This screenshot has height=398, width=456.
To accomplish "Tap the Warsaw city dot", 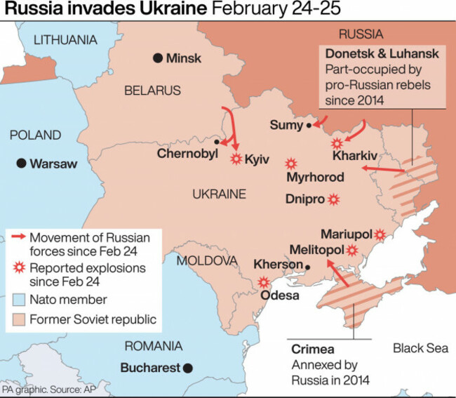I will click(22, 163).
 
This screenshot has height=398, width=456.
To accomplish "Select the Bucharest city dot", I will click(187, 366).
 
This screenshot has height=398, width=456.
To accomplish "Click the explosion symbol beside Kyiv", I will click(236, 159).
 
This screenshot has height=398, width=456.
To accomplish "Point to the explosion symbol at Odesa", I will click(264, 282).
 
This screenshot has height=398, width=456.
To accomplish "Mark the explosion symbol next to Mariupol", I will click(380, 234).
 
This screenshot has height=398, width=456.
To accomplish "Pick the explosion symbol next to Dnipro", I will click(334, 199).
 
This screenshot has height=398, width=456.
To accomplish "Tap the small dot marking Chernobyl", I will click(217, 142).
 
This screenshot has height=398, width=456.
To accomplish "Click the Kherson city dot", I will click(307, 265).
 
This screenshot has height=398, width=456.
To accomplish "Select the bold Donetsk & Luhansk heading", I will click(382, 54).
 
